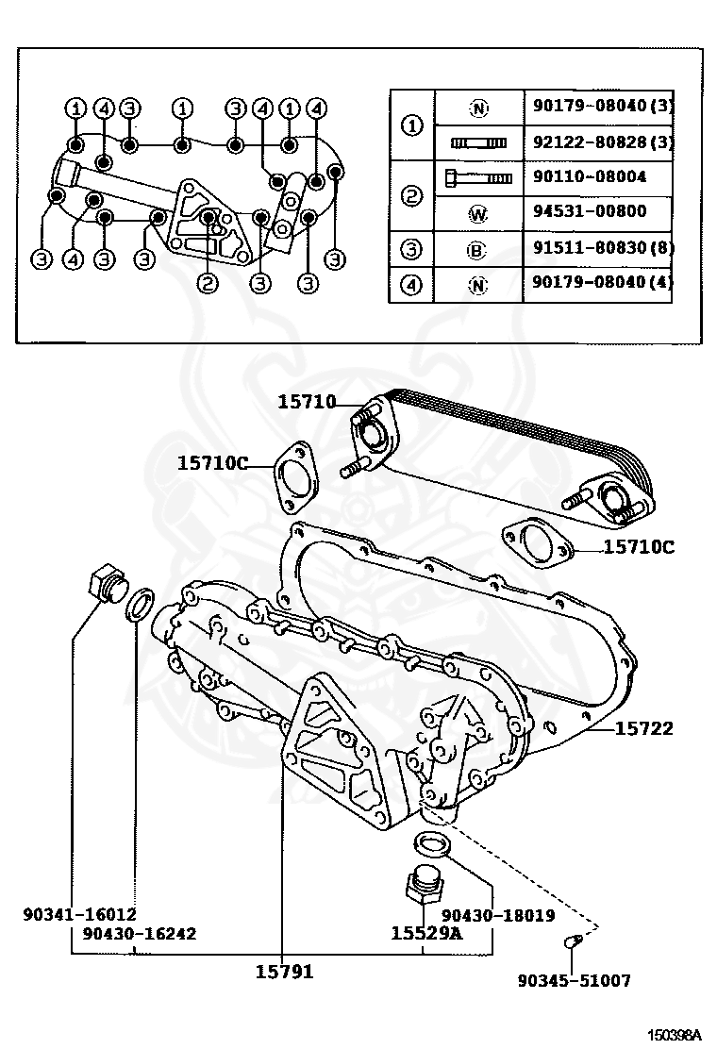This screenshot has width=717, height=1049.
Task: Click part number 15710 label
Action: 307,402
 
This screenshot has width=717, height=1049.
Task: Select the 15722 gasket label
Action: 644,728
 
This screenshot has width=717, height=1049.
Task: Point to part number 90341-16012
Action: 80,914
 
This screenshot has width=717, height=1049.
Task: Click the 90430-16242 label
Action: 139,933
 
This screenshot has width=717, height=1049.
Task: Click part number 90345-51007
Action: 574,980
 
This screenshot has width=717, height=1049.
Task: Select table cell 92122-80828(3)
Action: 597,142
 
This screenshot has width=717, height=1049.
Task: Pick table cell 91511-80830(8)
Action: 597,249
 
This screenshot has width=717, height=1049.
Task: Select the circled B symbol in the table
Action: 478,250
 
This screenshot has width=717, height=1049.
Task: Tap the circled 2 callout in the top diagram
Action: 207,281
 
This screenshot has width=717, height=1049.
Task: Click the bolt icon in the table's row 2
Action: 477,177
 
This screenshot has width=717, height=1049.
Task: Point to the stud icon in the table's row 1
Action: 478,143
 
